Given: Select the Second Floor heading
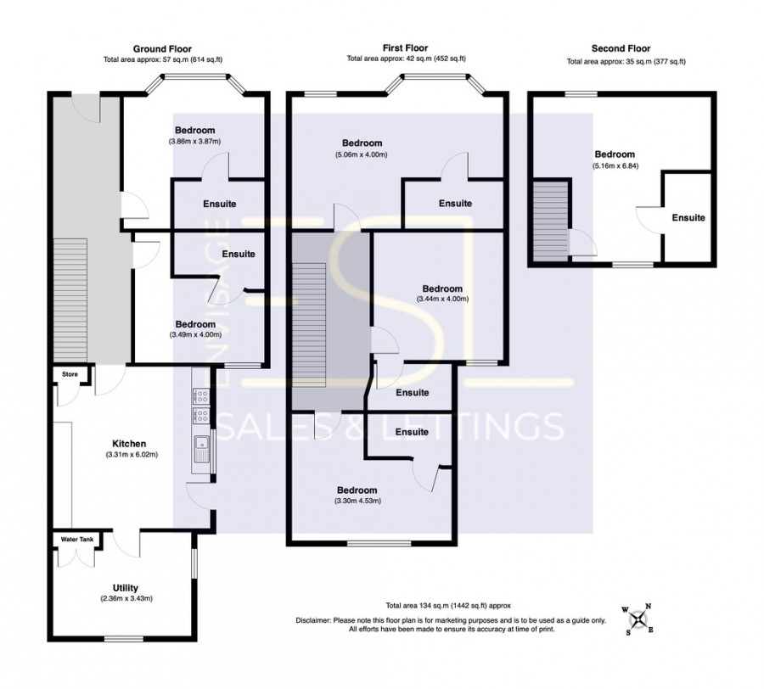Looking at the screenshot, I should click(x=620, y=49).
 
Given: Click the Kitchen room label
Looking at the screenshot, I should click(x=130, y=444).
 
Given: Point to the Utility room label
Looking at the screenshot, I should click(x=125, y=588).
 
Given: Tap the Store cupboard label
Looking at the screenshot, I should click(x=68, y=373).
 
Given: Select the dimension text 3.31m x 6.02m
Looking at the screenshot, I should click(x=130, y=455).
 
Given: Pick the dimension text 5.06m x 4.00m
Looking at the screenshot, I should click(x=361, y=154).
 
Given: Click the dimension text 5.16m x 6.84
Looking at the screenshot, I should click(x=614, y=165).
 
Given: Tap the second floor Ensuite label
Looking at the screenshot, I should click(x=688, y=218).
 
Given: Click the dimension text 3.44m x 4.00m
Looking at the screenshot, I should click(x=442, y=299).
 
